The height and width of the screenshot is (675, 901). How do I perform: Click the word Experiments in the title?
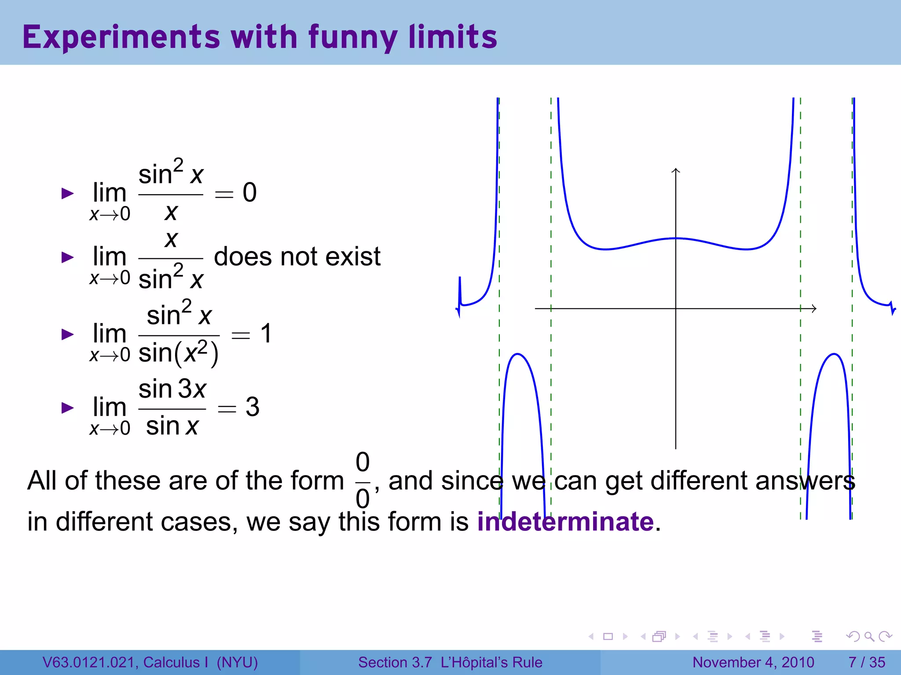coord(121,37)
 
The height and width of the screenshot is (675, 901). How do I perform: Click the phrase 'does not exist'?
coord(297,257)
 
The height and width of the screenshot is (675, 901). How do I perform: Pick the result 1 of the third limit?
coord(266,334)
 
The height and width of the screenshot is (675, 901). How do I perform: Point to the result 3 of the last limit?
coord(253,407)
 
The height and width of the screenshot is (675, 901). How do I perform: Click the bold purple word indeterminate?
coord(565,522)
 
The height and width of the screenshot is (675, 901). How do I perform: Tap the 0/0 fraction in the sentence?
coord(363,480)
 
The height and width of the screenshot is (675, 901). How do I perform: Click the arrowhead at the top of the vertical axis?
coord(676,170)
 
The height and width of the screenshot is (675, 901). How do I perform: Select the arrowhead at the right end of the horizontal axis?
coord(814,308)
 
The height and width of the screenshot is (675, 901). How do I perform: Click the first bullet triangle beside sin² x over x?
coord(67,193)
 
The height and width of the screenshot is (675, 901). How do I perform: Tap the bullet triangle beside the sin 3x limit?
coord(67,407)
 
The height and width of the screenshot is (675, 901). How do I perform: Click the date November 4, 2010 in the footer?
coord(753,662)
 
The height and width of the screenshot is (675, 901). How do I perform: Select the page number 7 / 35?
coord(867,662)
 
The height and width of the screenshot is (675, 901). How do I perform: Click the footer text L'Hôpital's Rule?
coord(491,662)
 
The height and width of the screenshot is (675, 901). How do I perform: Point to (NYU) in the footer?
coord(237,662)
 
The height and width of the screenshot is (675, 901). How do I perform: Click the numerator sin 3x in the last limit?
coord(172,389)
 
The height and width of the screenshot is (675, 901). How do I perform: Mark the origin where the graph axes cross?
coord(676,308)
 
